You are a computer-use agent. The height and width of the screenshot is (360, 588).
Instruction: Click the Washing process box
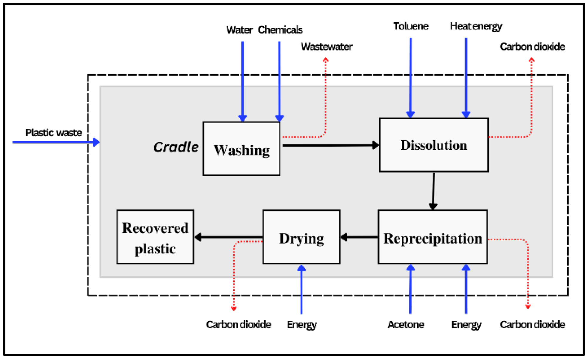click(x=241, y=149)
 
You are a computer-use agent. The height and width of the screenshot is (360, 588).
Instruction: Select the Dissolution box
click(x=433, y=145)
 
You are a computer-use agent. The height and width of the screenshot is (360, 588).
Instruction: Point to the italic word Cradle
click(x=176, y=147)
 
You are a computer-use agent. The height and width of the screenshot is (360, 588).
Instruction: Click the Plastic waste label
click(x=54, y=133)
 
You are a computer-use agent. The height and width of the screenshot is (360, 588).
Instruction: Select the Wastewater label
click(x=327, y=47)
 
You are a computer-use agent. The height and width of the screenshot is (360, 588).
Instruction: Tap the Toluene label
click(x=410, y=26)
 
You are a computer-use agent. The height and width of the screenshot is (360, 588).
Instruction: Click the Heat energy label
click(x=476, y=26)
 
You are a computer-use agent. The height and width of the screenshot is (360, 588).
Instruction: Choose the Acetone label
click(x=405, y=324)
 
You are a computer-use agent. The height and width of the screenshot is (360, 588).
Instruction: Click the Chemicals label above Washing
click(x=280, y=30)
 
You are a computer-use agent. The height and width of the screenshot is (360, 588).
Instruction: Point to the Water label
click(x=239, y=30)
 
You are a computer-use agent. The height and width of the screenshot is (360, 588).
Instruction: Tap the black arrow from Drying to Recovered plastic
click(x=228, y=237)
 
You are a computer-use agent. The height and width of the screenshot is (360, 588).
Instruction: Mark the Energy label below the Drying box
click(x=301, y=324)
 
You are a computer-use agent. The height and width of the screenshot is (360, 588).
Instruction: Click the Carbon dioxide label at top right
click(x=532, y=47)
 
